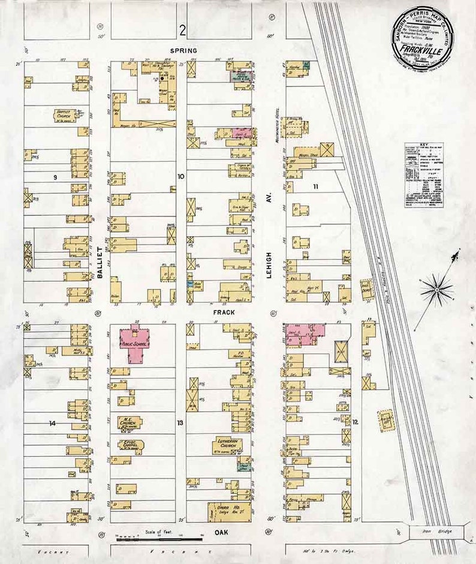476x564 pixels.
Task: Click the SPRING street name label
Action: tap(183, 51)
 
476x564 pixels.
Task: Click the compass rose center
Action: tap(436, 291)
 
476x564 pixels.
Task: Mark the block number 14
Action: tap(53, 423)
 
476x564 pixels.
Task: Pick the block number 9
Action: tap(55, 177)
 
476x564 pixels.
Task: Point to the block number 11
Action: tap(315, 186)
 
